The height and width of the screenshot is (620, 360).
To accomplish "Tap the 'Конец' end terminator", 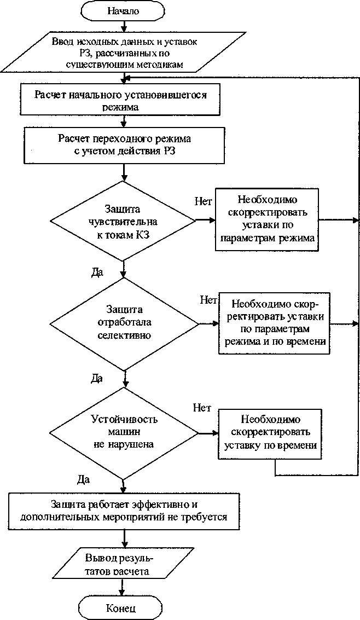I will coord(121,609).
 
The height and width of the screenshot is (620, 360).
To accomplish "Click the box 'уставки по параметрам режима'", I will coord(266,219).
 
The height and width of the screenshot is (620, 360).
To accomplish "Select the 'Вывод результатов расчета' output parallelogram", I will coord(119,565).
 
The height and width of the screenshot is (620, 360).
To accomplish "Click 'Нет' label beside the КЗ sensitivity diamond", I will coord(203,201).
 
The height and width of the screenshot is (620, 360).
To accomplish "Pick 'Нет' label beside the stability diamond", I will coord(202,408).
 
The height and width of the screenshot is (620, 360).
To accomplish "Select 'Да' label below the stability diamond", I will coord(83,479).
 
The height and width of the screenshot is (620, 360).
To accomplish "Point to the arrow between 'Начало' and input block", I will coord(125,25).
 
